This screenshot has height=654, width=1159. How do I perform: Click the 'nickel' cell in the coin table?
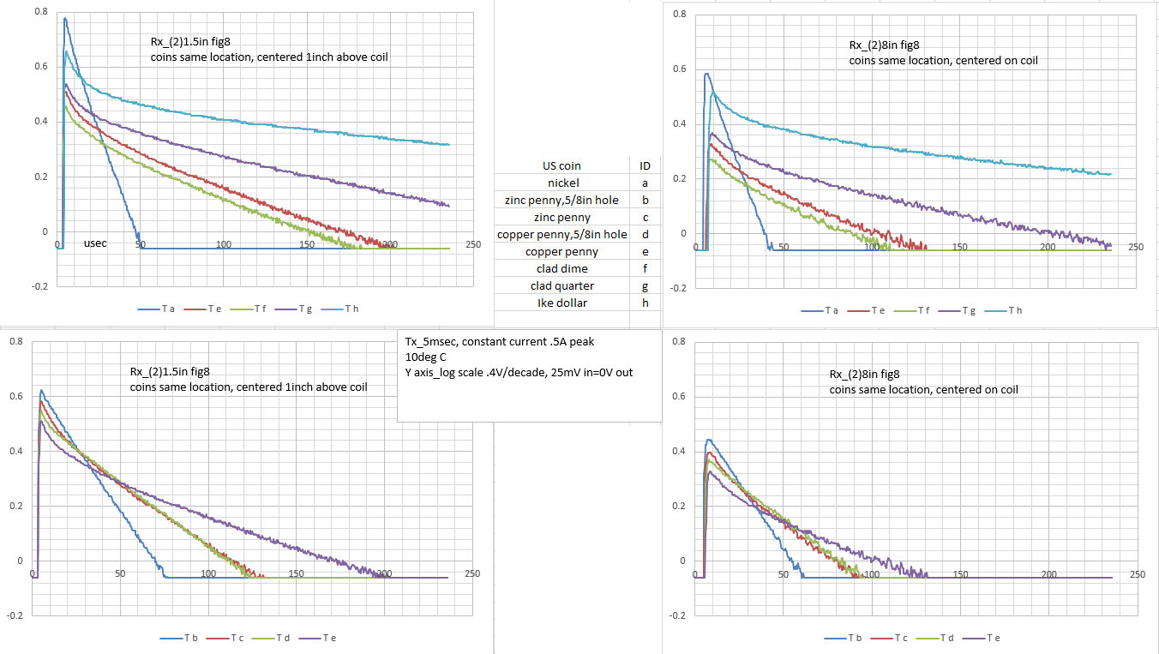point(562,183)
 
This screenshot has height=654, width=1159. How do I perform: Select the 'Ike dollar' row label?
point(562,303)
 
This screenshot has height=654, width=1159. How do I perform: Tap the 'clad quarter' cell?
point(562,285)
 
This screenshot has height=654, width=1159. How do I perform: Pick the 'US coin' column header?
point(562,166)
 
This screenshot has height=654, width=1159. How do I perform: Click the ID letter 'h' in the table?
point(645,303)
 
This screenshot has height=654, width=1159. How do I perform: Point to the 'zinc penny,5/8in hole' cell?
point(562,201)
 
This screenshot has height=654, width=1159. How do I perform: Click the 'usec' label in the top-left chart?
point(95,244)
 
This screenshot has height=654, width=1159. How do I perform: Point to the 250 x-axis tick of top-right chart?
point(1135,247)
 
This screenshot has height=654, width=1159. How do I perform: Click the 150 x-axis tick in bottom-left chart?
point(297,573)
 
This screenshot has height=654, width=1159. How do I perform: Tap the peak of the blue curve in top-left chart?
point(65,19)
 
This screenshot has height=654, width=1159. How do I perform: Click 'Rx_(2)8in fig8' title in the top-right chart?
point(884,45)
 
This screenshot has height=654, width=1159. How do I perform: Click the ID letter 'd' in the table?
point(645,235)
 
